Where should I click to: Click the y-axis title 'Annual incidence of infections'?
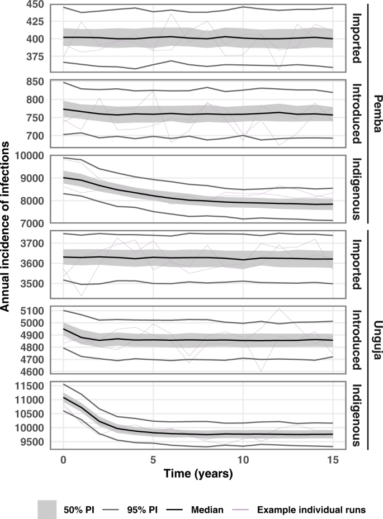pos(6,226)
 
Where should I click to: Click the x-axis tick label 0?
pos(64,459)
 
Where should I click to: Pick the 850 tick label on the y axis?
pos(35,82)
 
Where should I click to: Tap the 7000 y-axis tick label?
pos(32,223)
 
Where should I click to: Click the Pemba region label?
pos(376,115)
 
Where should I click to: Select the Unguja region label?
pos(376,339)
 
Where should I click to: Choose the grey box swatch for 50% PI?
pos(49,509)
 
